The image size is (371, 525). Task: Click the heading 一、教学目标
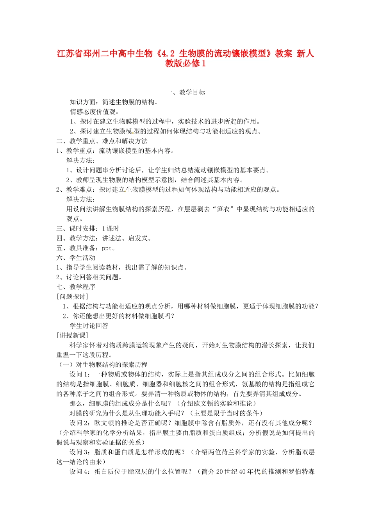(x=185, y=93)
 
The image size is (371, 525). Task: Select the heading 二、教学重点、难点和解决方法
(x=102, y=141)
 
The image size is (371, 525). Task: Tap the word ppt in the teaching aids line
(x=107, y=248)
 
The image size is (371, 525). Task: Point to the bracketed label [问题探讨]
(x=72, y=296)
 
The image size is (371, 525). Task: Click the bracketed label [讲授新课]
(x=72, y=336)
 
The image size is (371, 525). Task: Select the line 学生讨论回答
(x=89, y=326)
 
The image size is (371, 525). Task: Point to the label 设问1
(x=80, y=374)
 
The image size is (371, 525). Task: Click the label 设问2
(x=80, y=423)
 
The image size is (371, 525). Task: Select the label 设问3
(x=80, y=452)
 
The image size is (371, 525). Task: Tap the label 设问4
(x=80, y=472)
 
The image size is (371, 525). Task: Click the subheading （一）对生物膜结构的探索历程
(x=102, y=365)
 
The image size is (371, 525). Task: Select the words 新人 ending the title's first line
(x=305, y=54)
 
